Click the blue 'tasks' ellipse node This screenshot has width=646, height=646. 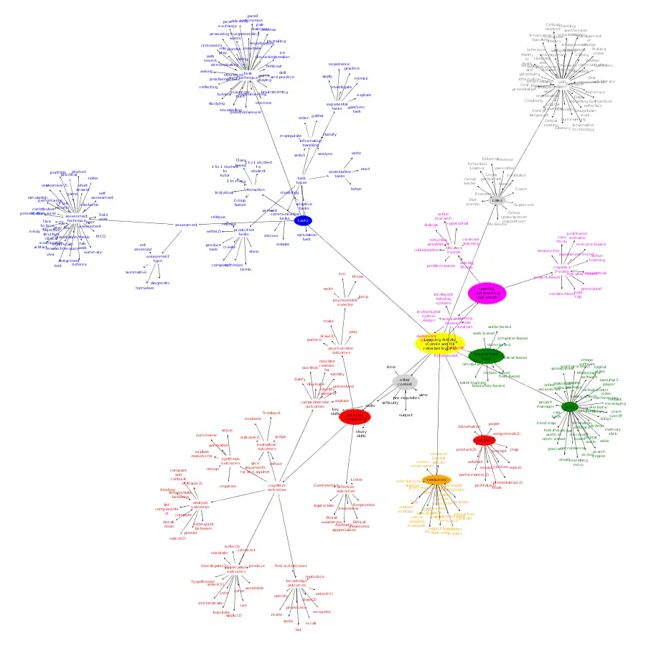(x=304, y=220)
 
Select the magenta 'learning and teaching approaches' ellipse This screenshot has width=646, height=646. (x=487, y=293)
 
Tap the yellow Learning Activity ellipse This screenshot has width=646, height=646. (x=440, y=342)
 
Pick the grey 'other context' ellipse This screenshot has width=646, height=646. (x=405, y=381)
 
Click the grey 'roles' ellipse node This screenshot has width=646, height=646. (x=497, y=200)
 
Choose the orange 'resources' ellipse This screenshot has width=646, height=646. (x=436, y=479)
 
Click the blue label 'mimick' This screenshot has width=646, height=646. (x=361, y=78)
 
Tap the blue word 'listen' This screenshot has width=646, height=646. (x=356, y=189)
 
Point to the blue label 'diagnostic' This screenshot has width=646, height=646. (x=161, y=283)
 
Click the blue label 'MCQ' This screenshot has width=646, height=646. (x=100, y=236)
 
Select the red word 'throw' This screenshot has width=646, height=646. (x=357, y=276)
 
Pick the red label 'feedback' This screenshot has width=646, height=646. (x=272, y=413)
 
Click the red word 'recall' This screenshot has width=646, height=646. (x=311, y=623)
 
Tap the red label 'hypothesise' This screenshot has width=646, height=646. (x=203, y=581)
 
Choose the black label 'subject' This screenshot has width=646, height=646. (x=406, y=415)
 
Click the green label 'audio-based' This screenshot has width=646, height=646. (x=500, y=327)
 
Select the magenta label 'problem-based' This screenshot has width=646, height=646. (x=441, y=266)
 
